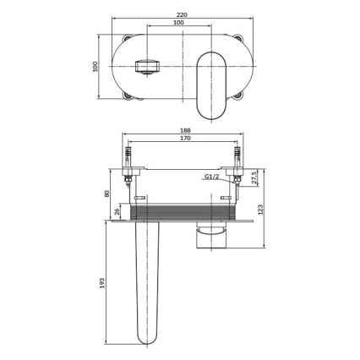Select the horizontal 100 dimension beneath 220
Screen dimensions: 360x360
pos(178,24)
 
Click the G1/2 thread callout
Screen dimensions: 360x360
pos(214,177)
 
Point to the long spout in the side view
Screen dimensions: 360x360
pos(148,279)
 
